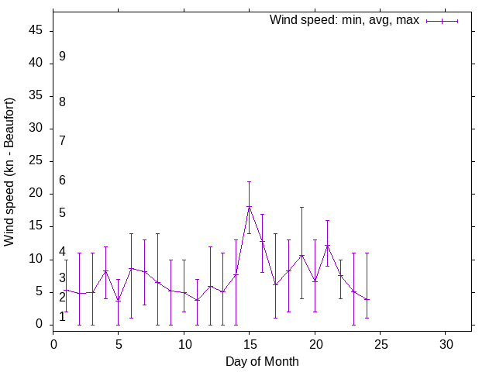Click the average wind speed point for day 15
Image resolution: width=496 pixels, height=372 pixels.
pos(250,207)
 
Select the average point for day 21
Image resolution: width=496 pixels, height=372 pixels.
pos(328,246)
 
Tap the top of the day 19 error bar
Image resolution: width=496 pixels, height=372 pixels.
pos(301,208)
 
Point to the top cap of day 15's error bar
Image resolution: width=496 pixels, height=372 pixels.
pos(250,181)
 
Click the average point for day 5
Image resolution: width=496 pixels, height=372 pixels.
pos(119,301)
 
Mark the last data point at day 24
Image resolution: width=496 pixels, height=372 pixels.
pos(367,299)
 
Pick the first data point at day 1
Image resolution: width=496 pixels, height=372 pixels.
pos(67,290)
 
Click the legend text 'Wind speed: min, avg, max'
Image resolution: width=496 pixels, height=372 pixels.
pos(344,20)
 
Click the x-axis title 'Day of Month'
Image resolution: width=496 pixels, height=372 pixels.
pos(262,361)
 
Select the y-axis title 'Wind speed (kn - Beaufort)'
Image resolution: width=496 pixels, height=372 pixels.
pos(10,172)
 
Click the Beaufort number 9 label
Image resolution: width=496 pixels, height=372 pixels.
pos(62,57)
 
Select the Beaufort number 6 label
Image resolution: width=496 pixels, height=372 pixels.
pos(62,181)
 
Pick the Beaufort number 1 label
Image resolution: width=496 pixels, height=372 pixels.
pos(62,317)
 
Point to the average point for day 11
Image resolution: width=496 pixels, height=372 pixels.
pos(197,300)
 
